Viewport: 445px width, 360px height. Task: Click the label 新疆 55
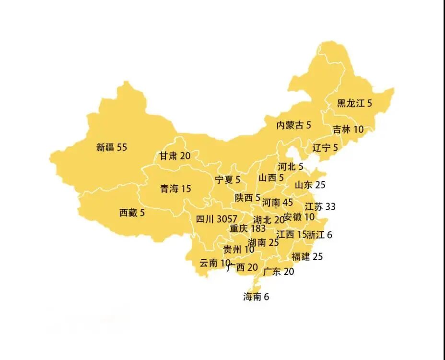(x=112, y=147)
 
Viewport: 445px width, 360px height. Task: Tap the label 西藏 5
(x=132, y=213)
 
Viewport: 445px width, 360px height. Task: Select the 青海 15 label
(x=176, y=189)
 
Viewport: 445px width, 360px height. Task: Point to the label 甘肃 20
(x=175, y=156)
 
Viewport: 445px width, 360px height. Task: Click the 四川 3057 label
(x=217, y=219)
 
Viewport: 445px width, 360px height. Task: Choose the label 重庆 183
(x=247, y=228)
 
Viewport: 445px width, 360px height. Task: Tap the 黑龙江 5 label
(x=355, y=103)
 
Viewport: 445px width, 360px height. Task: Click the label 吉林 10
(x=348, y=129)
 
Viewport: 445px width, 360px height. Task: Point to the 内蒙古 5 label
(x=294, y=125)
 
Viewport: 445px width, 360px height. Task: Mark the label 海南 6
(x=256, y=297)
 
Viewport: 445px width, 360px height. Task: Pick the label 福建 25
(x=307, y=256)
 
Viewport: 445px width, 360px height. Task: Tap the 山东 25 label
(x=310, y=184)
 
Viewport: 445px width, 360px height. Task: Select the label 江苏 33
(x=320, y=207)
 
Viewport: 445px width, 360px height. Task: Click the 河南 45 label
(x=278, y=203)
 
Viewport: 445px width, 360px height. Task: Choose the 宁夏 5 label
(x=227, y=180)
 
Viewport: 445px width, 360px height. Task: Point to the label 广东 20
(x=279, y=272)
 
